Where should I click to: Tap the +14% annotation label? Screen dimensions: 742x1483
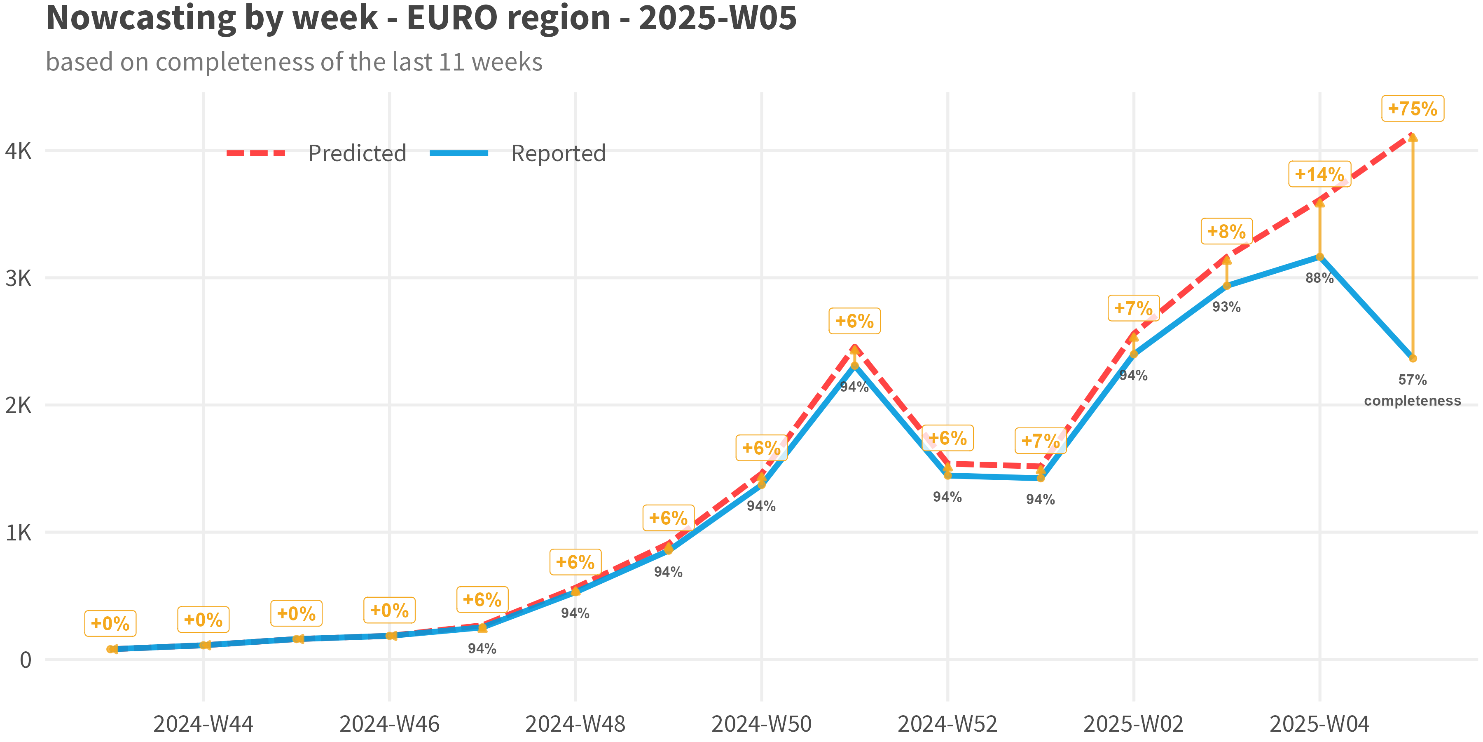pos(1319,174)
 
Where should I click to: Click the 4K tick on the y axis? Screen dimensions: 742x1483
pos(19,151)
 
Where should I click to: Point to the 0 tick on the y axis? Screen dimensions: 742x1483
pos(25,660)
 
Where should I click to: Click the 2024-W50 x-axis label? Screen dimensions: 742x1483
pos(761,723)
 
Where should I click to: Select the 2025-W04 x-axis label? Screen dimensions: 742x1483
pos(1319,723)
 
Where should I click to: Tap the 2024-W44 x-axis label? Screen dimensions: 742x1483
pos(203,723)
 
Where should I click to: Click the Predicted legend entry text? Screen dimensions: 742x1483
pos(357,153)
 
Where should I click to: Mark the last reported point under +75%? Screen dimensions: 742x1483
pos(1413,358)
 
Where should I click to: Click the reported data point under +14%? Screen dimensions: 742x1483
pos(1319,256)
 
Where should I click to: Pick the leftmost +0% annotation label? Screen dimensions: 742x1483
pos(110,623)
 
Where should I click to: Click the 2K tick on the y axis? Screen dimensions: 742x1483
pos(19,405)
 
